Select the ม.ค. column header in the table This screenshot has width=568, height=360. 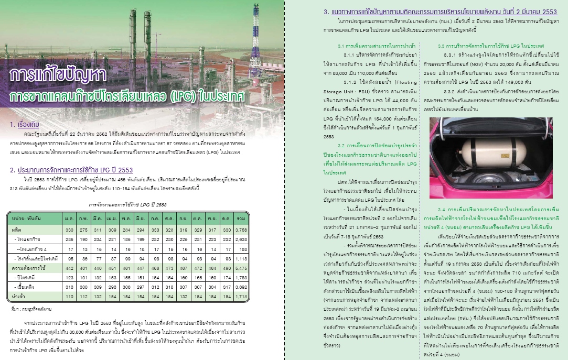[x=69, y=216]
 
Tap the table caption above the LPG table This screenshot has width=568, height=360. [x=128, y=204]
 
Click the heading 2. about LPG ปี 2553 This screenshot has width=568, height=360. [x=71, y=170]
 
